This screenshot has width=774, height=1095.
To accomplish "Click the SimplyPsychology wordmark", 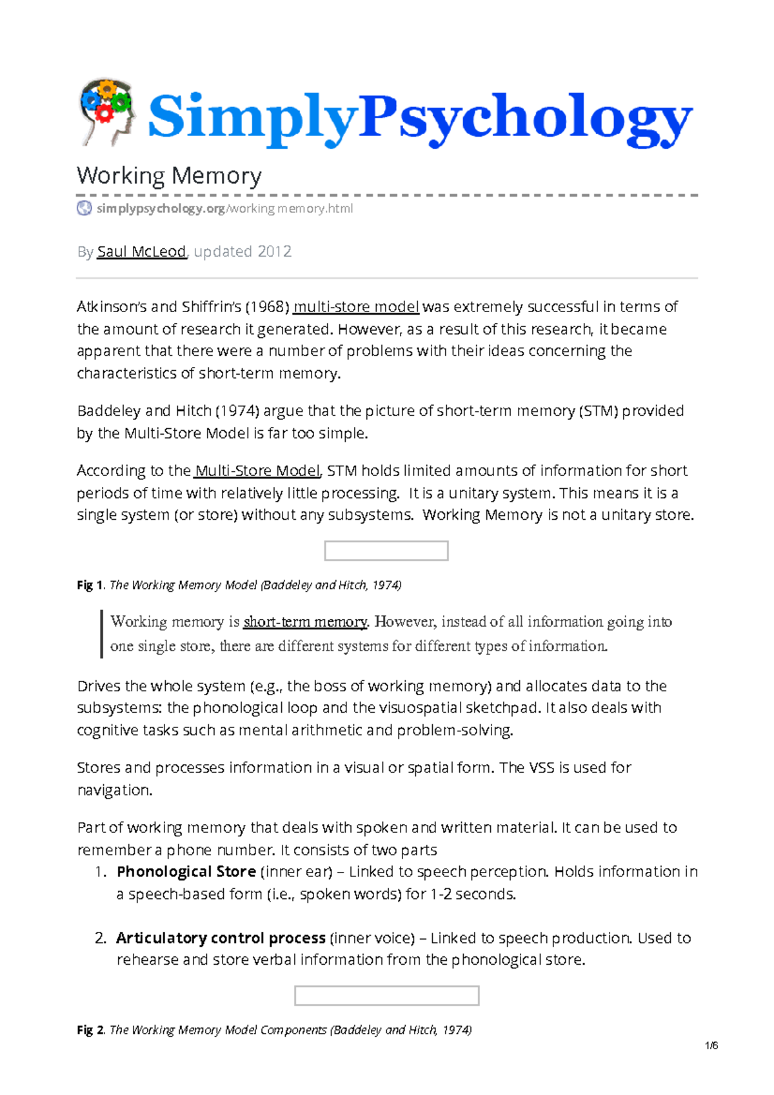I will point(419,117).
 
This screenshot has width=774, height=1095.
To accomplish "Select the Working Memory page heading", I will point(169,175).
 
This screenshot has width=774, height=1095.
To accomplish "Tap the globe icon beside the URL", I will point(84,208).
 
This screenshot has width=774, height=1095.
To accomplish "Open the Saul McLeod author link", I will point(141,252).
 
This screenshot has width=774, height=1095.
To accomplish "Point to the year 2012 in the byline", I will point(274,252).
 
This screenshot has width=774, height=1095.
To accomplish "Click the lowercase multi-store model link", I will point(356,307).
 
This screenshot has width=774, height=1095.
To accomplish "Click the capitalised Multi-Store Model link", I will point(257,471).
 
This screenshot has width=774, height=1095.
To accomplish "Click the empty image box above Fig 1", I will point(386,551).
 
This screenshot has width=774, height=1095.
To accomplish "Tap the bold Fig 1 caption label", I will point(90,585).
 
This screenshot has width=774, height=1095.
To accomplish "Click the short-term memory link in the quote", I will point(305,622).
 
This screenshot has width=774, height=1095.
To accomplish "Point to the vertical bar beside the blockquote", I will point(101,634).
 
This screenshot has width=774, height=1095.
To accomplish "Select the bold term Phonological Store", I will point(186,872).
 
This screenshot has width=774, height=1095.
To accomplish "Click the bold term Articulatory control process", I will point(221,938).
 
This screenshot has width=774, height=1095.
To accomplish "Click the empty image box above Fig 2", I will point(386,995).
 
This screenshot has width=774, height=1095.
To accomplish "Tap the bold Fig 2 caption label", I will point(90,1030).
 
